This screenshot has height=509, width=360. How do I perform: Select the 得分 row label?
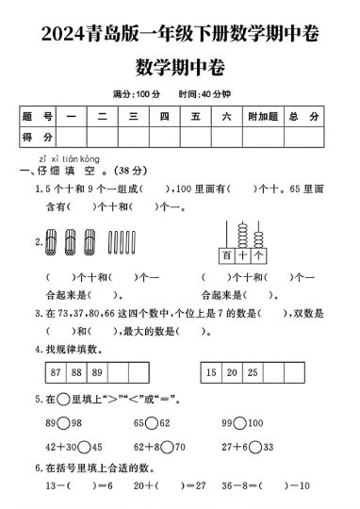pos(38,138)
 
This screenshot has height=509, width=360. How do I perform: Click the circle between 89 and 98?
pos(62,424)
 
